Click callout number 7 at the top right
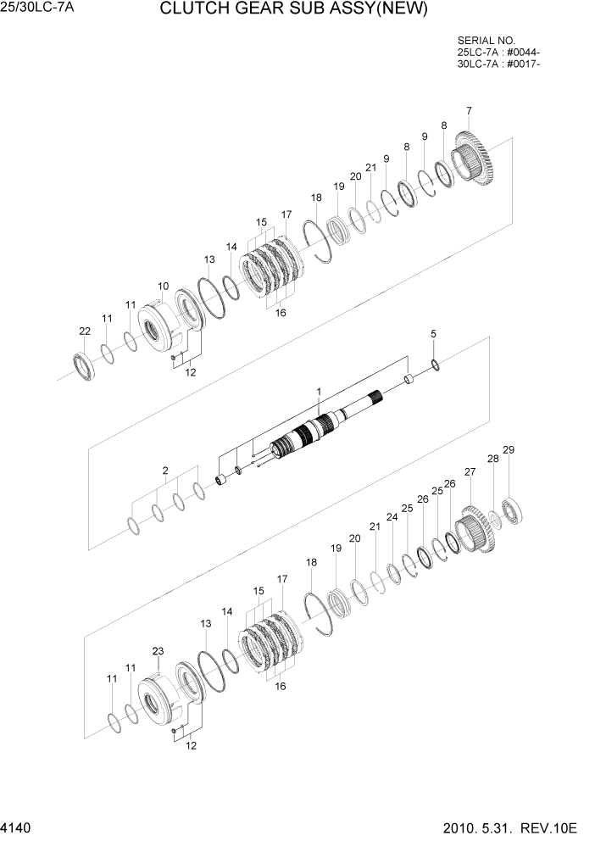pyautogui.click(x=469, y=111)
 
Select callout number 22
pyautogui.click(x=84, y=331)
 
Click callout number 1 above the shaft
pyautogui.click(x=319, y=392)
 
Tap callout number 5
pyautogui.click(x=433, y=335)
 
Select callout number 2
pyautogui.click(x=166, y=470)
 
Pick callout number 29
pyautogui.click(x=509, y=449)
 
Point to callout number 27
pyautogui.click(x=470, y=471)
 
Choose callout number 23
pyautogui.click(x=158, y=651)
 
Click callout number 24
pyautogui.click(x=392, y=516)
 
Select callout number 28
pyautogui.click(x=492, y=459)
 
